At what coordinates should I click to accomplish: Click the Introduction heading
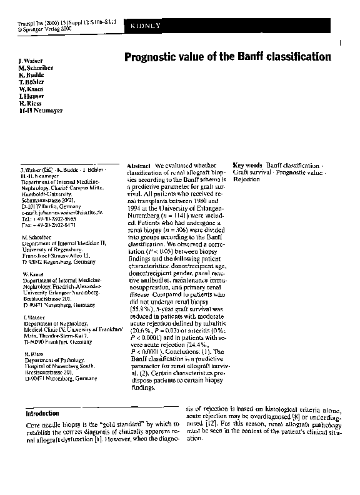point(42,414)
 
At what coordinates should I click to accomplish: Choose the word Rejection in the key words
point(246,179)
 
